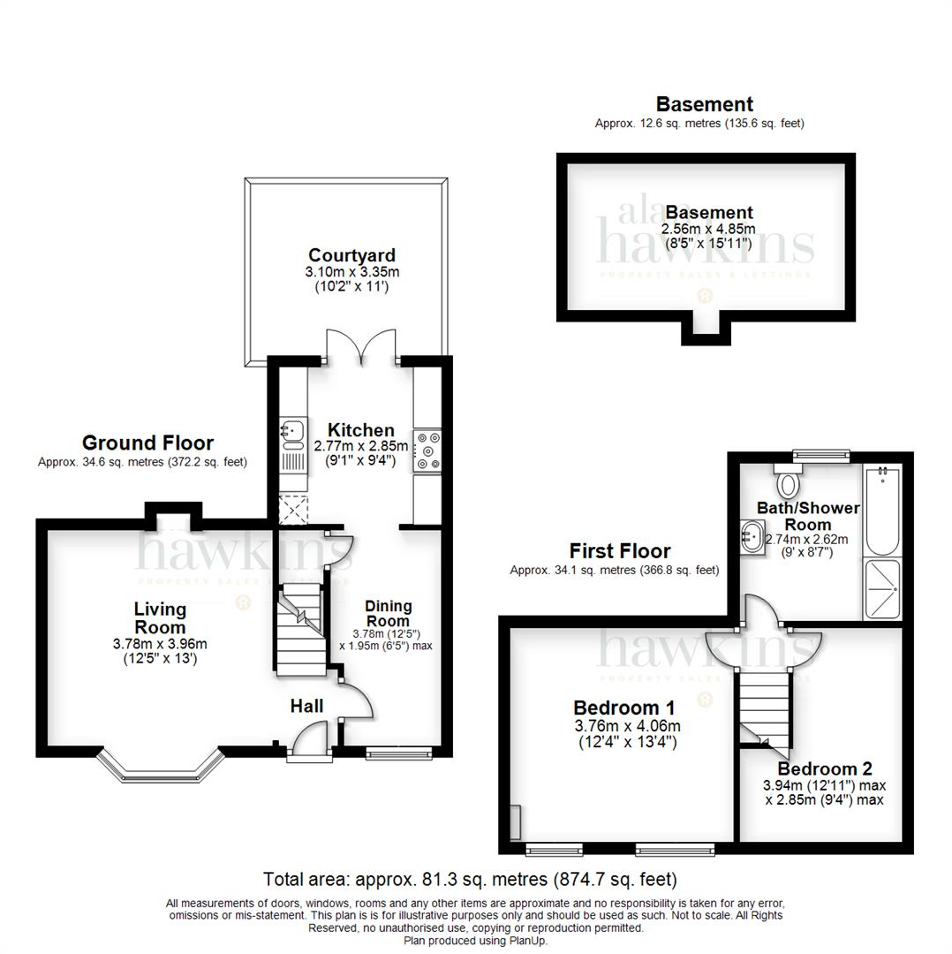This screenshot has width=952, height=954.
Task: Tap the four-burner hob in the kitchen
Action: (428, 449)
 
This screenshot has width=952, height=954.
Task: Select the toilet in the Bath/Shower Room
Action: (788, 482)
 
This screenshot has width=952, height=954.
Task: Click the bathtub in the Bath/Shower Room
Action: (881, 511)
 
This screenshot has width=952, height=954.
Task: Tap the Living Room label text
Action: (160, 617)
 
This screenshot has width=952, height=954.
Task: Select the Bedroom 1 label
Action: (624, 708)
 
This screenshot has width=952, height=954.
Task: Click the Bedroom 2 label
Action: (818, 768)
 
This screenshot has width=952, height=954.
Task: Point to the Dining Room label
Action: (389, 613)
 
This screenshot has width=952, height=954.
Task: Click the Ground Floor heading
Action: (147, 443)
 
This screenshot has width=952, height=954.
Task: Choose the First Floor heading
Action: (619, 551)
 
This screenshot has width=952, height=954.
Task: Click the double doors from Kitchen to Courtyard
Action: (361, 345)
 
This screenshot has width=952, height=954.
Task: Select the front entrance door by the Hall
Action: (309, 738)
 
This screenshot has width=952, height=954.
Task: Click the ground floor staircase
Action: (297, 632)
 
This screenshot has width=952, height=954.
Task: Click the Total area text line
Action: (470, 879)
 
